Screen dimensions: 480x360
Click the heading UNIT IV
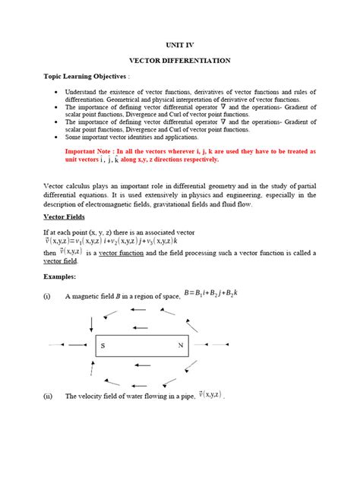180,45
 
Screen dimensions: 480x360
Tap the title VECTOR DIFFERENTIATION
180,60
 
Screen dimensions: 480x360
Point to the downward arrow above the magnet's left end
92,323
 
